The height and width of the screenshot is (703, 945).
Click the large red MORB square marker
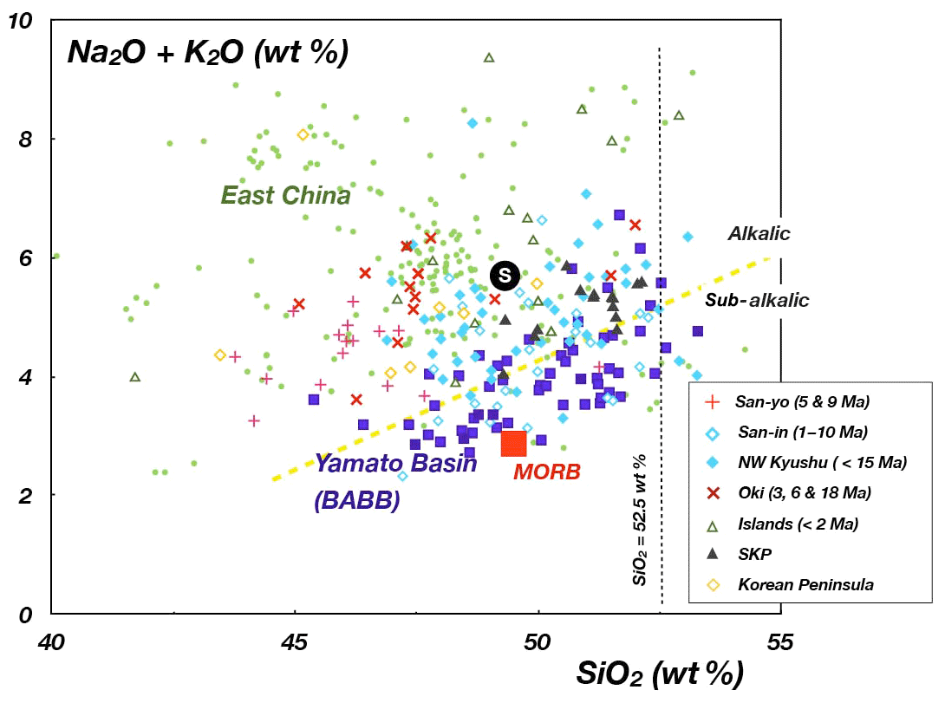pyautogui.click(x=514, y=443)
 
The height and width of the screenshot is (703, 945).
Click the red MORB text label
pyautogui.click(x=547, y=473)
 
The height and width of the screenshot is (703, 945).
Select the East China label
pyautogui.click(x=286, y=196)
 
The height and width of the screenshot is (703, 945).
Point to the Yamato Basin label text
pyautogui.click(x=395, y=464)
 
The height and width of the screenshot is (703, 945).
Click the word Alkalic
pyautogui.click(x=759, y=234)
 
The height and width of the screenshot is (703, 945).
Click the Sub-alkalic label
pyautogui.click(x=757, y=301)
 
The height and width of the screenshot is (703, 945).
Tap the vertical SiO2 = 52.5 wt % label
pyautogui.click(x=642, y=517)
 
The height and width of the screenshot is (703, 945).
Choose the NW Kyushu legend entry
pyautogui.click(x=806, y=463)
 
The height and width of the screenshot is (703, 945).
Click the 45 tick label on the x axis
pyautogui.click(x=295, y=642)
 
